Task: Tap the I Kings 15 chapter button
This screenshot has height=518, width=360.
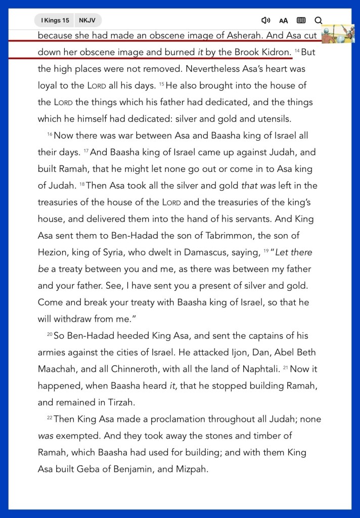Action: point(55,20)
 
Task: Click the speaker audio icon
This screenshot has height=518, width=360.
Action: point(265,20)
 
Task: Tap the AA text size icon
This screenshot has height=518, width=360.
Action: point(283,21)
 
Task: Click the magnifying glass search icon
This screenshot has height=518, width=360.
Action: point(318,20)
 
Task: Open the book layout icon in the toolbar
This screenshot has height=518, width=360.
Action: point(301,20)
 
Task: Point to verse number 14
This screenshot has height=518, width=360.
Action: point(297,51)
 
